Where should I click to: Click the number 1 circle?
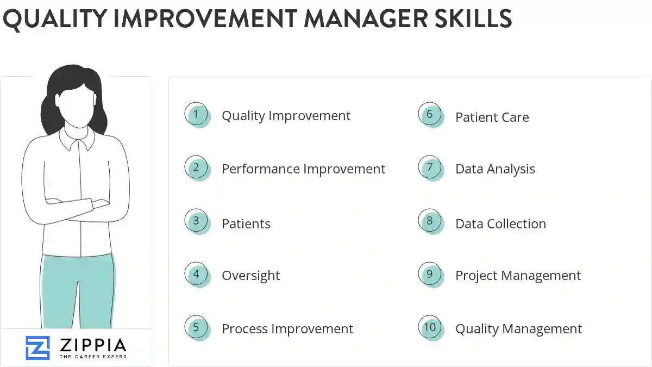pyautogui.click(x=196, y=115)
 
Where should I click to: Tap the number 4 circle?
pyautogui.click(x=196, y=275)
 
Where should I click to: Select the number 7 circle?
pyautogui.click(x=430, y=168)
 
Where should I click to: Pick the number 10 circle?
pyautogui.click(x=430, y=328)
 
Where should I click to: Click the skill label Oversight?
pyautogui.click(x=250, y=276)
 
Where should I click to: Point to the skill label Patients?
pyautogui.click(x=246, y=223)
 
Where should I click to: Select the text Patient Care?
pyautogui.click(x=492, y=117)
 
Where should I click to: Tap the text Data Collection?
pyautogui.click(x=500, y=223)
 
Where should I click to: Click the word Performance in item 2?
pyautogui.click(x=260, y=169)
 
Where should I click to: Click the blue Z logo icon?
pyautogui.click(x=37, y=348)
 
